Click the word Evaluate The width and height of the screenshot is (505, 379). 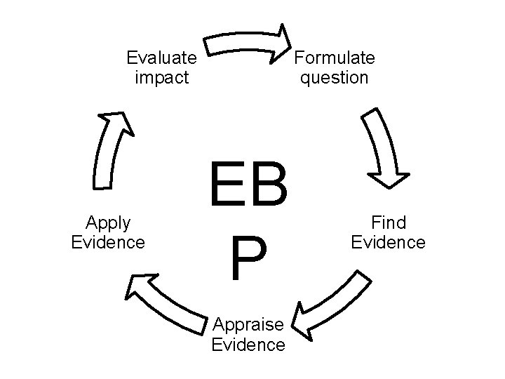pos(161,58)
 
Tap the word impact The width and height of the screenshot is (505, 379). pos(161,77)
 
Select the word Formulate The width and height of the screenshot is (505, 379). pos(335,58)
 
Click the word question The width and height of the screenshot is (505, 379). pos(335,77)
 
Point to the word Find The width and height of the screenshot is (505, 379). pos(389,223)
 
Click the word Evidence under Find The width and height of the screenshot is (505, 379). pos(389,242)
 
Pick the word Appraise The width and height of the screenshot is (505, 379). pos(248,325)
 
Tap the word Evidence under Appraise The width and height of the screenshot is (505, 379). pos(248,344)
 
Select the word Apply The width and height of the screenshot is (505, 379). pos(108,223)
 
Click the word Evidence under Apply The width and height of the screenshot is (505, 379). pos(108,242)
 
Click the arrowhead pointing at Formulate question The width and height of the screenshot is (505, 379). pos(282,41)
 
